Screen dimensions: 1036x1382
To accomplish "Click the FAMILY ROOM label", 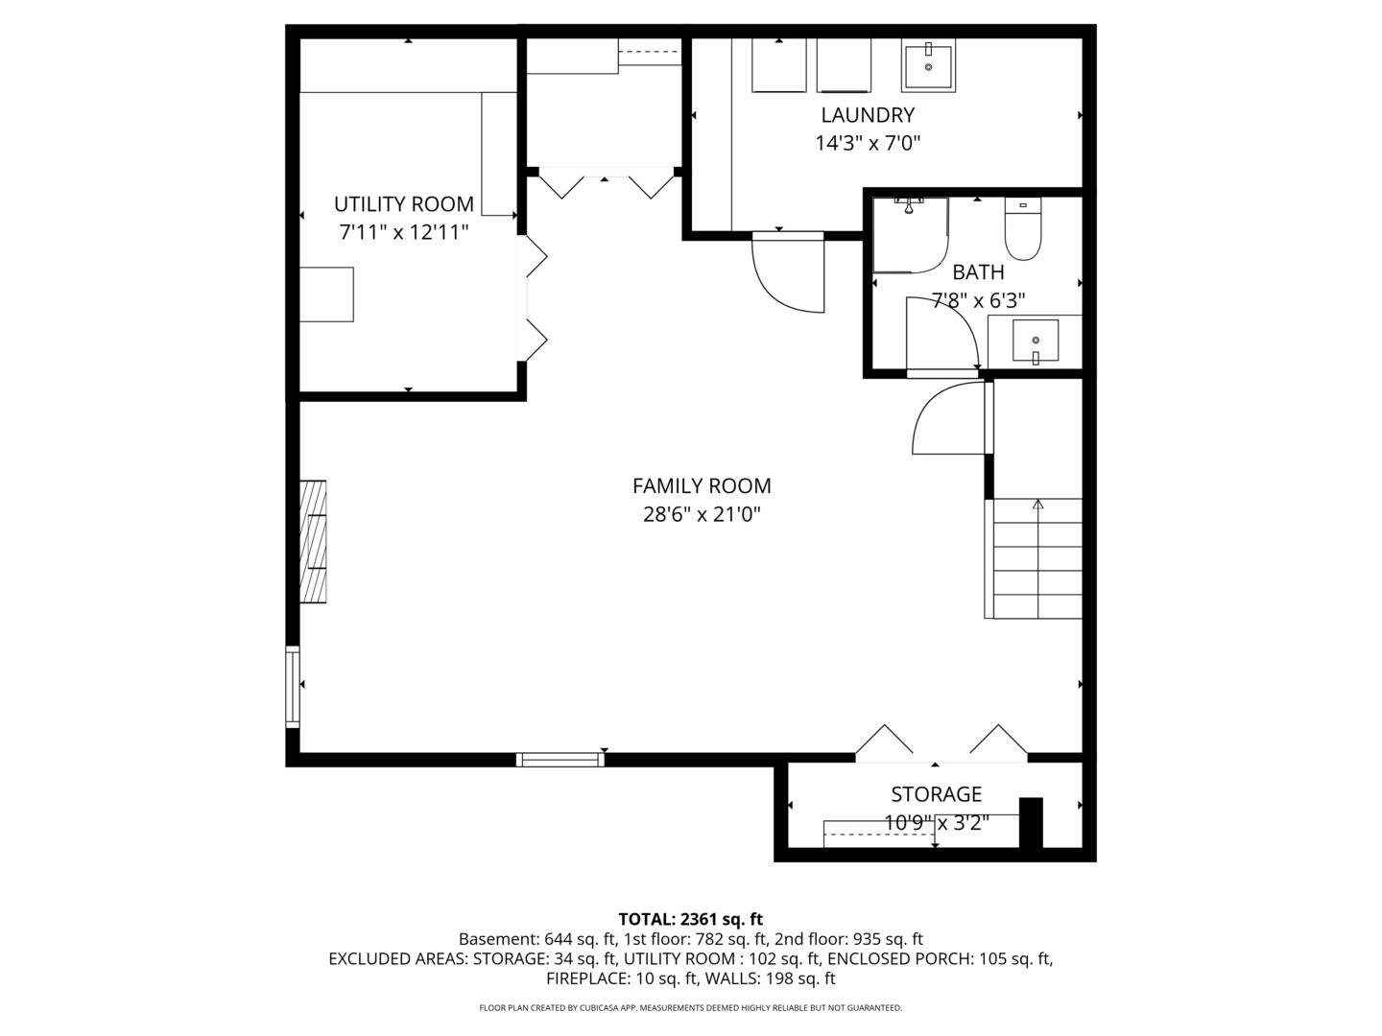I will click(x=702, y=486).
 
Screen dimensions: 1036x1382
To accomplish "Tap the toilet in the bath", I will click(x=1023, y=230).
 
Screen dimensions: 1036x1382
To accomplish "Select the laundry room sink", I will click(x=928, y=65).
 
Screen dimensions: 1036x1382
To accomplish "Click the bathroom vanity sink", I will click(x=1036, y=341).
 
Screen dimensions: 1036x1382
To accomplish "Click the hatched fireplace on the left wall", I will click(x=313, y=542).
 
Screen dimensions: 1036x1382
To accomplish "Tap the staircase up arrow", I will click(x=1037, y=504).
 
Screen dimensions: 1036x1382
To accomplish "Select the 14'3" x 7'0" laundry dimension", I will click(x=868, y=144).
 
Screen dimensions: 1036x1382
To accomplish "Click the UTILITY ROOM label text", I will click(x=403, y=204).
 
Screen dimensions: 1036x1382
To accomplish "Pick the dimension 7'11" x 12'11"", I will click(x=403, y=232).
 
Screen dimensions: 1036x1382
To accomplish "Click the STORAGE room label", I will click(x=936, y=794).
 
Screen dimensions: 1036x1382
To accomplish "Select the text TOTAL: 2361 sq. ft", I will click(x=691, y=919).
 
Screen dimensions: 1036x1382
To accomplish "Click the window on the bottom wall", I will click(x=560, y=760).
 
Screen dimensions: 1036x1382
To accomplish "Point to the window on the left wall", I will click(x=293, y=685).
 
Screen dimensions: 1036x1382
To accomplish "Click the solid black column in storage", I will click(x=1031, y=822).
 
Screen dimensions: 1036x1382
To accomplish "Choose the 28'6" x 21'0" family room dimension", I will click(x=702, y=515).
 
